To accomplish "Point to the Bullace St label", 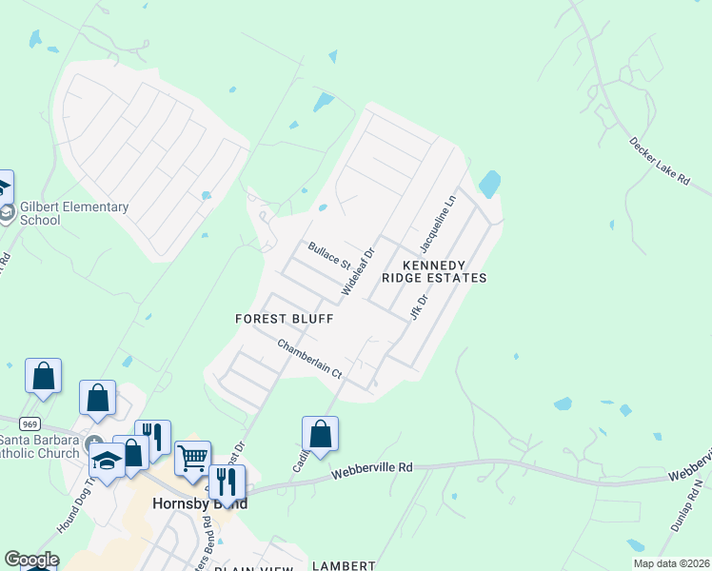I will pyautogui.click(x=329, y=255).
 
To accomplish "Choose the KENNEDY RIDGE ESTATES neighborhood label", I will pyautogui.click(x=434, y=271).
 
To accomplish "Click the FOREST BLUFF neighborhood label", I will pyautogui.click(x=285, y=320).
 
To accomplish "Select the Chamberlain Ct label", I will pyautogui.click(x=309, y=360).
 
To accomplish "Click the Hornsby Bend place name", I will pyautogui.click(x=200, y=503).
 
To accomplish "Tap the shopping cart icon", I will pyautogui.click(x=193, y=459).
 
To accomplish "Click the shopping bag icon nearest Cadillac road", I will pyautogui.click(x=322, y=434).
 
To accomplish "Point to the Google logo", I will pyautogui.click(x=31, y=560).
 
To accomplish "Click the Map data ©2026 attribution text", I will pyautogui.click(x=671, y=563).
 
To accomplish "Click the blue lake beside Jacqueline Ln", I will pyautogui.click(x=489, y=184).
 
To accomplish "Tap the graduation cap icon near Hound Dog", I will pyautogui.click(x=106, y=462).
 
